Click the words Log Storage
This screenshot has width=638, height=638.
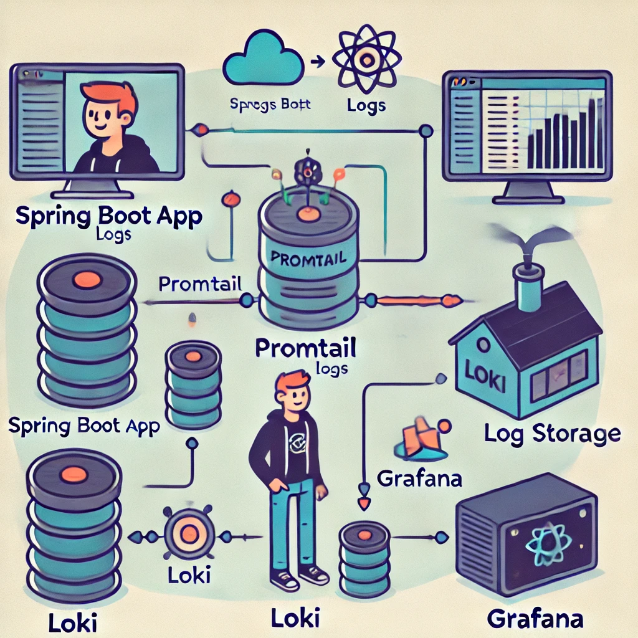[x=551, y=434]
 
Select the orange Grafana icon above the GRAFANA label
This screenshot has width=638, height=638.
[x=417, y=440]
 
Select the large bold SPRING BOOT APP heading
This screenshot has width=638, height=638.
[x=108, y=217]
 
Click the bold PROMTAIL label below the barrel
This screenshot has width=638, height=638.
[x=306, y=348]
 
